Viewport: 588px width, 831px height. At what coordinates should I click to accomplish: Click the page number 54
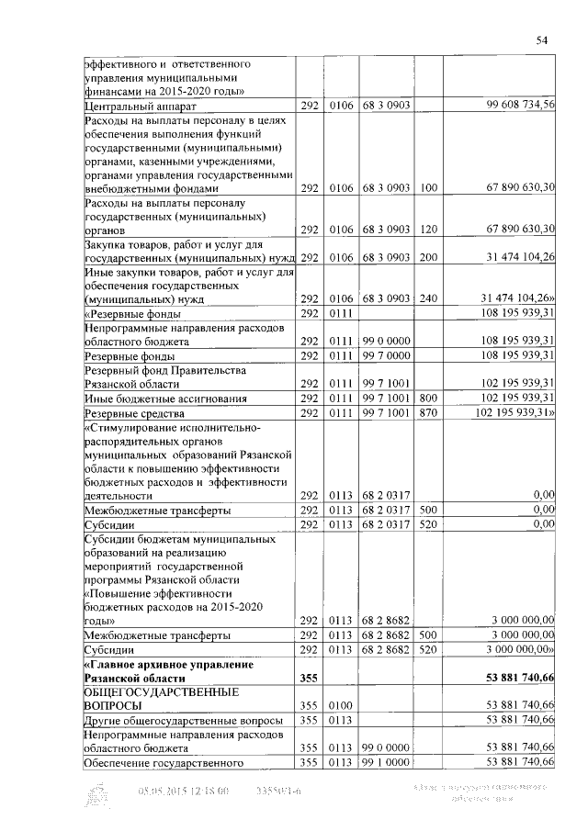click(542, 40)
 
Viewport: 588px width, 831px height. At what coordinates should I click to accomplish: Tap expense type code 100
click(427, 187)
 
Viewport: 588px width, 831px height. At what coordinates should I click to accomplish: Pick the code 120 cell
click(427, 229)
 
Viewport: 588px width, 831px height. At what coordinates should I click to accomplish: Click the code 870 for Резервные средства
click(427, 412)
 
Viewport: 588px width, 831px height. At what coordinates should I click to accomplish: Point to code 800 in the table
click(427, 398)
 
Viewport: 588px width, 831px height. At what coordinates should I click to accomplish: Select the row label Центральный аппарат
click(133, 107)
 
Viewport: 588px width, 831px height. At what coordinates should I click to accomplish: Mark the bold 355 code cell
click(308, 678)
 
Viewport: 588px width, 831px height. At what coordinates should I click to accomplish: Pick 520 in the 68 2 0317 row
click(427, 524)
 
